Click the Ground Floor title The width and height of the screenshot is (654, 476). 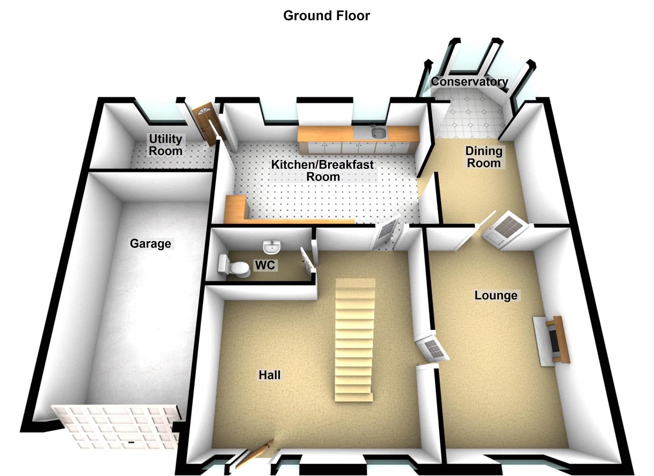click(x=326, y=15)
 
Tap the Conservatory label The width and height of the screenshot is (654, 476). click(x=469, y=82)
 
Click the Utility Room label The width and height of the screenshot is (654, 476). click(x=166, y=145)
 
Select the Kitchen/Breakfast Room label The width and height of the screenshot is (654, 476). click(x=322, y=171)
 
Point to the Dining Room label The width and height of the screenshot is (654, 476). click(x=484, y=157)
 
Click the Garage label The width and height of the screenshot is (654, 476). click(x=150, y=243)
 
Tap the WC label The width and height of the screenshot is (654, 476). click(x=265, y=265)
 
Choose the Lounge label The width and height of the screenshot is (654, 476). click(x=495, y=295)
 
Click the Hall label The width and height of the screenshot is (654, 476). click(x=270, y=375)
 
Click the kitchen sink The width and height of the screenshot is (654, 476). click(x=377, y=132)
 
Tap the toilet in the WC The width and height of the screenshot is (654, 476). click(x=234, y=267)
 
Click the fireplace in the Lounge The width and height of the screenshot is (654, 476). click(x=553, y=338)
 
